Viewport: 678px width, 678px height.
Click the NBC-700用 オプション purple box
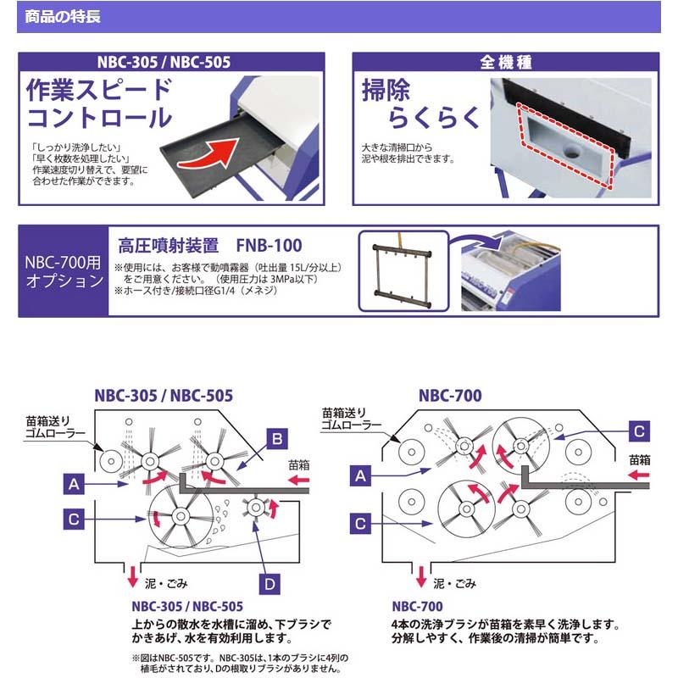pyautogui.click(x=64, y=271)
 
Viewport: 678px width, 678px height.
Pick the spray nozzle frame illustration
pyautogui.click(x=401, y=271)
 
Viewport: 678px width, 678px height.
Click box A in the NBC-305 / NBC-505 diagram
pyautogui.click(x=75, y=484)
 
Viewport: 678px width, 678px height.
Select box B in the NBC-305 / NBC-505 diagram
pyautogui.click(x=276, y=437)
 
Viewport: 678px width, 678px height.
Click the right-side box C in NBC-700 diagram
pyautogui.click(x=641, y=429)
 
